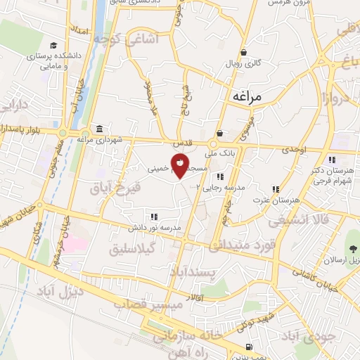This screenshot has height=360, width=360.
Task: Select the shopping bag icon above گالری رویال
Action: [x=243, y=52]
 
